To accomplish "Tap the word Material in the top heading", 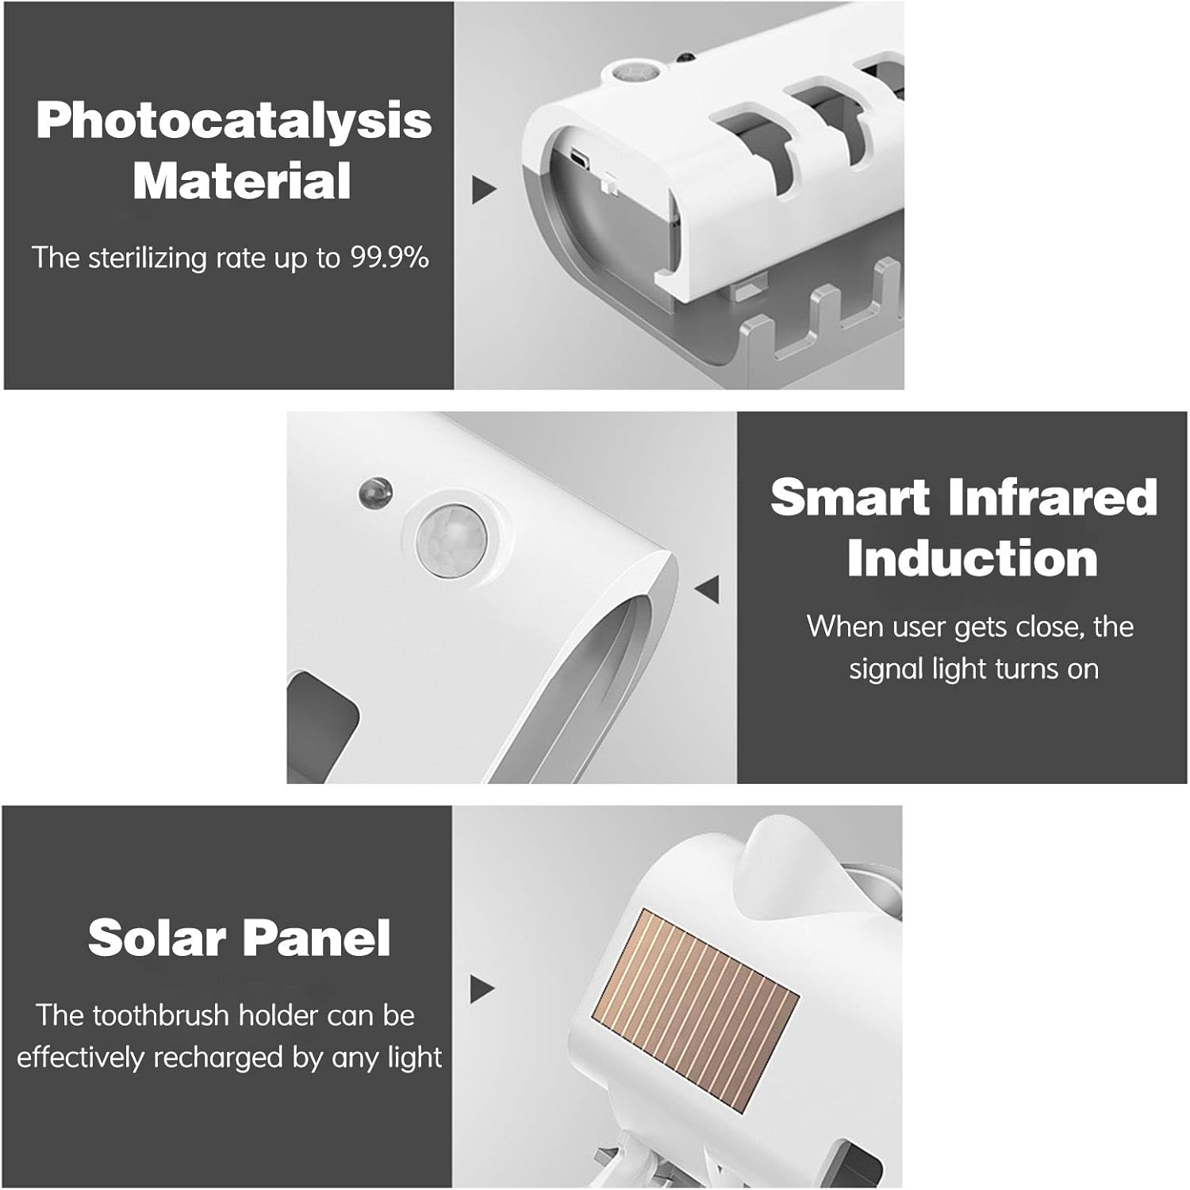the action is point(242,180).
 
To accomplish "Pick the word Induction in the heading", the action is point(973,559).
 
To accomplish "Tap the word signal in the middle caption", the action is point(887,670).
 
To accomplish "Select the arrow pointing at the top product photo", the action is point(484,190).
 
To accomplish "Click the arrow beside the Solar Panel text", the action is point(482,989).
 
